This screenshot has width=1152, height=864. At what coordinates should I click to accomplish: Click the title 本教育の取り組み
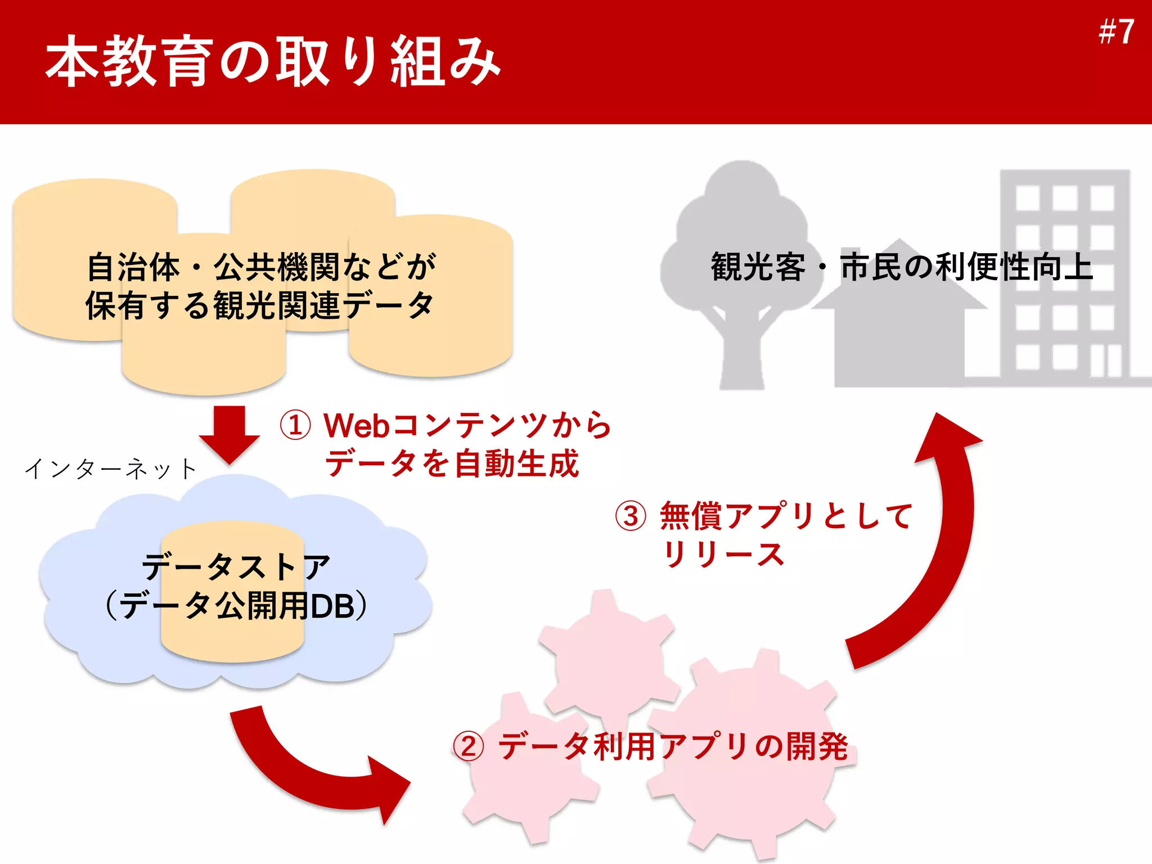coord(273,61)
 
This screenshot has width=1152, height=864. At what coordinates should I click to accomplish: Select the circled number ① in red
coord(295,425)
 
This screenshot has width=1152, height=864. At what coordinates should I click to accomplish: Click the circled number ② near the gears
coord(469,747)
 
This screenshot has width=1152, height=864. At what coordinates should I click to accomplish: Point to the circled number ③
coord(631,516)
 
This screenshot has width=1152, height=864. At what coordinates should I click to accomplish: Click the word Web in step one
coord(357,425)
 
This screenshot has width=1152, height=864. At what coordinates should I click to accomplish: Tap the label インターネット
coord(111,469)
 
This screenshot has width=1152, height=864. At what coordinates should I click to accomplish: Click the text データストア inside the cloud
coord(236,566)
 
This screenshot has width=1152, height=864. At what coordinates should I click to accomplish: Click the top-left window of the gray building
coord(1027,199)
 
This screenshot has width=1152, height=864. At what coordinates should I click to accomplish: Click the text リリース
coord(724,555)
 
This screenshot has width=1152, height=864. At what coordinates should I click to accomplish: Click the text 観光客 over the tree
coord(758,267)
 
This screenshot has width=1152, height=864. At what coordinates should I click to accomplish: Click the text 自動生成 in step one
coord(516,463)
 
